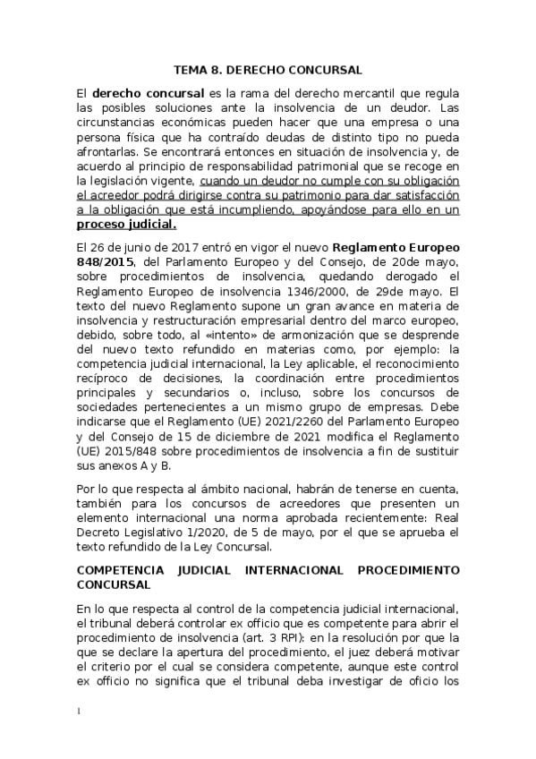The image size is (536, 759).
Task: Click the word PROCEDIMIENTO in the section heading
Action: [408, 569]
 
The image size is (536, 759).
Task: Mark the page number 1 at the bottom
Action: [79, 712]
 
